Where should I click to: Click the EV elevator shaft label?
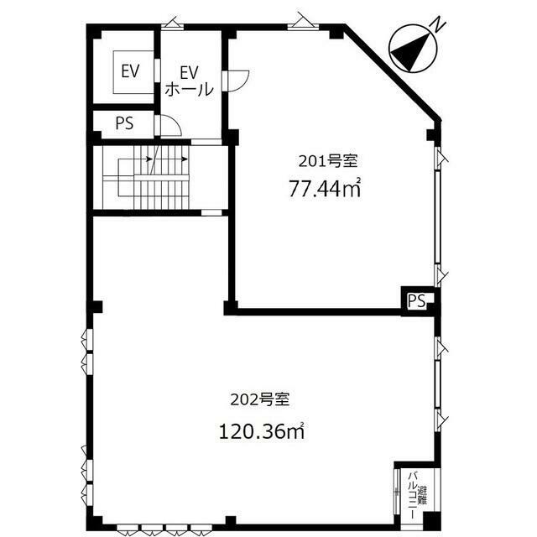pos(131,71)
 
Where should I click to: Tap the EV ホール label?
pos(190,81)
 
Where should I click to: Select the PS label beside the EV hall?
pos(124,123)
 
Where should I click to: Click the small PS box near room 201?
pos(417,300)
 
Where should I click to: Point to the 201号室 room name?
pos(328,161)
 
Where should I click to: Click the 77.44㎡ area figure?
pos(325,188)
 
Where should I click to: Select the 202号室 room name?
pos(260,399)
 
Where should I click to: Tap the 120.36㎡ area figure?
pos(262,431)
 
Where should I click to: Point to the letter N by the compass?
pos(437,25)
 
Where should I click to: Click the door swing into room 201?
pos(238,81)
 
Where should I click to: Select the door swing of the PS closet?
pos(171,126)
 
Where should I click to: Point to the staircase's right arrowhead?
pos(185,159)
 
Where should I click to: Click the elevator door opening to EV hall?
pos(157,70)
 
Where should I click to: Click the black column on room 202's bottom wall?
pos(231,521)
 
